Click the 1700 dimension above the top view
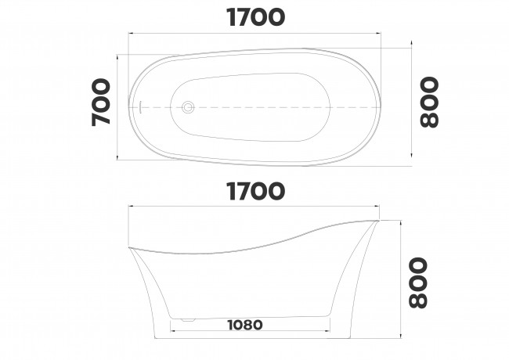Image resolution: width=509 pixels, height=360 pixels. click(x=254, y=17)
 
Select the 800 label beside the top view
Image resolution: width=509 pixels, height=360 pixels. click(x=429, y=103)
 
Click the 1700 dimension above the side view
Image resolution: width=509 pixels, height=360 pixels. click(x=254, y=190)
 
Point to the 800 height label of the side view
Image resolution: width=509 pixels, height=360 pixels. click(x=417, y=283)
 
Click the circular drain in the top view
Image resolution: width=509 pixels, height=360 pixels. click(x=188, y=107)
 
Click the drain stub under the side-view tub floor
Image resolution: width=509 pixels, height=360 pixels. click(x=186, y=319)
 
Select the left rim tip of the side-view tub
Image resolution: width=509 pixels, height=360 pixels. click(x=129, y=249)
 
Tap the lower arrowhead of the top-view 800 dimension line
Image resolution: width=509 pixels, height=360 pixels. click(x=411, y=165)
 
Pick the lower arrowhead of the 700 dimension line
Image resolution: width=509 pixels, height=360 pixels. click(x=117, y=157)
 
